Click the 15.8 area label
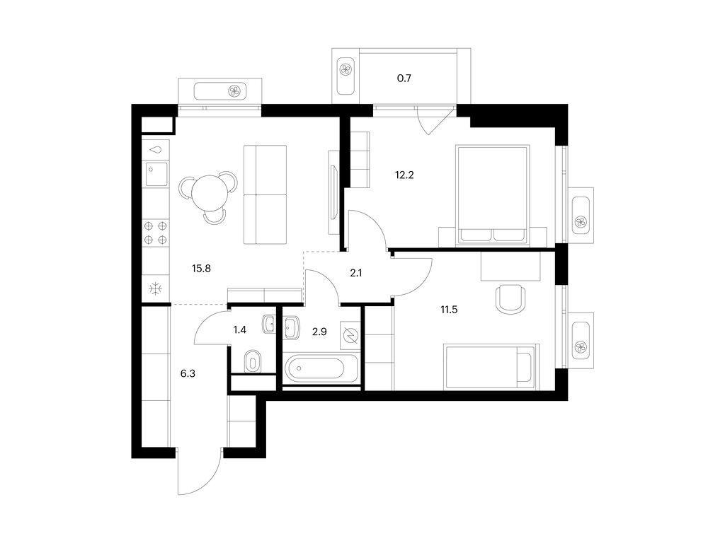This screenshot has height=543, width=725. pyautogui.click(x=201, y=268)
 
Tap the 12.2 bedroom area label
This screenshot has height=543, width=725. pyautogui.click(x=404, y=175)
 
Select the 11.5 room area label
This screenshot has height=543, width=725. pyautogui.click(x=448, y=310)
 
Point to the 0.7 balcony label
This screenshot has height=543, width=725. pyautogui.click(x=404, y=78)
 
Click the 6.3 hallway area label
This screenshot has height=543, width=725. pyautogui.click(x=188, y=373)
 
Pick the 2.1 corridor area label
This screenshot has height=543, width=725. pyautogui.click(x=355, y=273)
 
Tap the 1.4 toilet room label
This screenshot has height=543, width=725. pyautogui.click(x=239, y=329)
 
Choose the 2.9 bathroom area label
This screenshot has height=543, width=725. pyautogui.click(x=319, y=332)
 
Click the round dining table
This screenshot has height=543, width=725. pyautogui.click(x=210, y=193)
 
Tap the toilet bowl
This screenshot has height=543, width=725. pyautogui.click(x=253, y=361)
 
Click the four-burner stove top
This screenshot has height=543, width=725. pyautogui.click(x=155, y=233)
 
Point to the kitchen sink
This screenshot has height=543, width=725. pyautogui.click(x=156, y=174)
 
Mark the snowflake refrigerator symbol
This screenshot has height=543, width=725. pyautogui.click(x=155, y=289)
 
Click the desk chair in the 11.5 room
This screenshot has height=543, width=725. pyautogui.click(x=511, y=299)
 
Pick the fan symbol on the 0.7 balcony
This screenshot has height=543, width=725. pyautogui.click(x=346, y=70)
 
